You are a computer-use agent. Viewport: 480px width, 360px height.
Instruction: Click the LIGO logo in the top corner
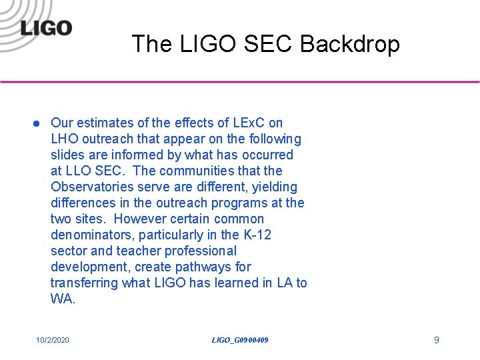45,28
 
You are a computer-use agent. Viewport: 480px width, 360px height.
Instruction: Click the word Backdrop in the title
350,44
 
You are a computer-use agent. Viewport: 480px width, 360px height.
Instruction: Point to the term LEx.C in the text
248,123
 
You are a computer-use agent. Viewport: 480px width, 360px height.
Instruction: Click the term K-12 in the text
257,235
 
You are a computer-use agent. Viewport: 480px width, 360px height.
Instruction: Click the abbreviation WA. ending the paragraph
63,299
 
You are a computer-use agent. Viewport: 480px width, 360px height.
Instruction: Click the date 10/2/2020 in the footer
53,340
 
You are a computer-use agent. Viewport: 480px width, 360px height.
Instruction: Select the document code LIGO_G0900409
240,340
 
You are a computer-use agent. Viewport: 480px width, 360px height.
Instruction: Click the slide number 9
436,340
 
